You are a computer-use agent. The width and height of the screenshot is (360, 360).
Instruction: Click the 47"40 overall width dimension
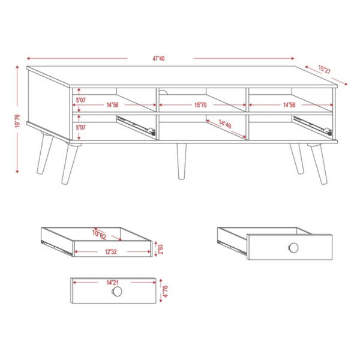pos(158,59)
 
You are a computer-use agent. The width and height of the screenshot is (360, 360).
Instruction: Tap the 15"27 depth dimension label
pos(325,70)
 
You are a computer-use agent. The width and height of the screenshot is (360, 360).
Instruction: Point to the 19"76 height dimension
pos(17,121)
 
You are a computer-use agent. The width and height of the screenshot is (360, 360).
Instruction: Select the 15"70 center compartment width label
pos(200,105)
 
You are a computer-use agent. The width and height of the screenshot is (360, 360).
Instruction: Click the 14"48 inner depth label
pos(225,124)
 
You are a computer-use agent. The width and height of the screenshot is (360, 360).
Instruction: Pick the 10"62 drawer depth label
pos(99,235)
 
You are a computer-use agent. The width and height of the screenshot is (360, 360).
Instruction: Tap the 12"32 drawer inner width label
pos(111,251)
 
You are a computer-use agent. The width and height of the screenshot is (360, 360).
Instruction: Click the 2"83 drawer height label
pos(160,249)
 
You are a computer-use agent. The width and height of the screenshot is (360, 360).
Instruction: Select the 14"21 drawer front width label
pos(112,282)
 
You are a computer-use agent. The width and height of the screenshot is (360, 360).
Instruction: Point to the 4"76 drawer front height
pos(166,292)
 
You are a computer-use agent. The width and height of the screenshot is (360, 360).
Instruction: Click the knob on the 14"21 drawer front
pos(117,292)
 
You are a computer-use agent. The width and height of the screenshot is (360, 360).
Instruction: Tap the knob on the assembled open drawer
pos(293,247)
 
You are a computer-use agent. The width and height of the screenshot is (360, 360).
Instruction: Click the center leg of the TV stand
pos(181,161)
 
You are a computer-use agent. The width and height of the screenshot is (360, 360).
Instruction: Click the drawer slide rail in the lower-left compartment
pos(136,126)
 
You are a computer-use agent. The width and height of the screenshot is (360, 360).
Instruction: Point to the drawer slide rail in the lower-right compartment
pos(313,126)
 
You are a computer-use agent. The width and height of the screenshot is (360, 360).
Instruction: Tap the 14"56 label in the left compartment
pos(113,105)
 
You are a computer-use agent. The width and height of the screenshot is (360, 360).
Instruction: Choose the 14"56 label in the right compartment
pos(289,105)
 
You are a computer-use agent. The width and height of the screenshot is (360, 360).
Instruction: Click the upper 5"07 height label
pos(81,100)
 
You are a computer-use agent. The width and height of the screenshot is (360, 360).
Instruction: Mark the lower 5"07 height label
pos(81,127)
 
